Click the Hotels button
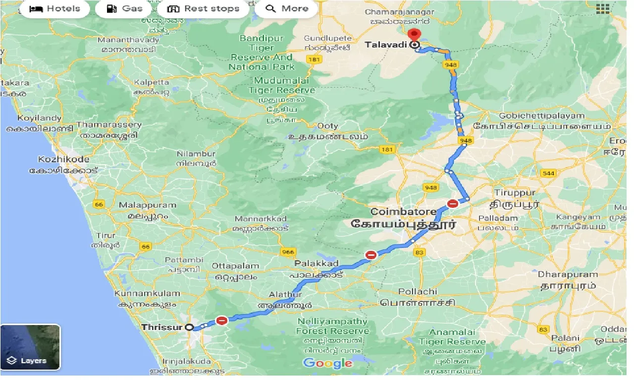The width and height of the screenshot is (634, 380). tap(55, 8)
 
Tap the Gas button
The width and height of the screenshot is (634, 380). tap(126, 8)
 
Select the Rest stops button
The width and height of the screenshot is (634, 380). tap(203, 8)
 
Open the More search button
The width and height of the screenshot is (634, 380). tap(287, 8)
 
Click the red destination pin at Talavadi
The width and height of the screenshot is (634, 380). tap(414, 36)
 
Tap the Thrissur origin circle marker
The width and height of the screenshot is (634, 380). tap(189, 327)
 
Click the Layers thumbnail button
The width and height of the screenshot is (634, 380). tap(30, 347)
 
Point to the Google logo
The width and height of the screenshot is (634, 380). tap(328, 364)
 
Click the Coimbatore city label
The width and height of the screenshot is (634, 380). tap(403, 212)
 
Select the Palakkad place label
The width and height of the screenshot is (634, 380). tap(316, 263)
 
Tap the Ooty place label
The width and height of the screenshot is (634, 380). tap(328, 126)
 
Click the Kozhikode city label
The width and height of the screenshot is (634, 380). tap(64, 159)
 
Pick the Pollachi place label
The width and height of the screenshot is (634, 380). tap(418, 291)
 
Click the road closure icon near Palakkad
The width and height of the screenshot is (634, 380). tap(371, 255)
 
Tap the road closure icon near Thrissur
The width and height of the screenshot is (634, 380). tap(222, 320)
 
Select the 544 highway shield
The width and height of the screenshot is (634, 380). tap(548, 173)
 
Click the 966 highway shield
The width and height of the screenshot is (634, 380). tap(288, 252)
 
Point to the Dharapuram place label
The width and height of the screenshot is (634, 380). tap(568, 274)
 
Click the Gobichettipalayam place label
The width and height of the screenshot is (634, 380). tap(542, 116)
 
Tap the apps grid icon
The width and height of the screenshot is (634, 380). tap(602, 8)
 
